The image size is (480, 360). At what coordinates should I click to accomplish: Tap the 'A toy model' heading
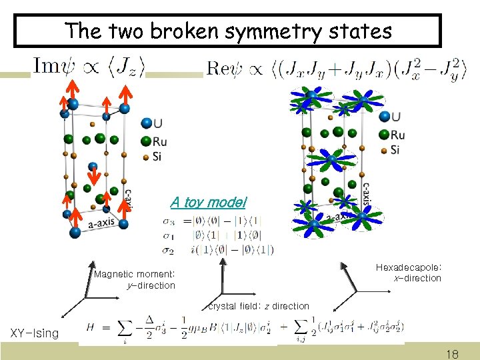[208, 202]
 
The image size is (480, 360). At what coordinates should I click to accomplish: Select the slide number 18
[452, 355]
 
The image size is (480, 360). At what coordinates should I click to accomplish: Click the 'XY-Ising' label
[34, 333]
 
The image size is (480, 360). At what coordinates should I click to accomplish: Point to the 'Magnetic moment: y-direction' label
[135, 280]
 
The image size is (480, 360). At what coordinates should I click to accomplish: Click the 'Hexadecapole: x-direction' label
[408, 273]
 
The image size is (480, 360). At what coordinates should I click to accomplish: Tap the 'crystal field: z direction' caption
[259, 306]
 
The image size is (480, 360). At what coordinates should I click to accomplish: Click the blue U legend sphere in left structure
[146, 123]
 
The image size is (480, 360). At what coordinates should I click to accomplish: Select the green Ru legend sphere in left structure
[146, 141]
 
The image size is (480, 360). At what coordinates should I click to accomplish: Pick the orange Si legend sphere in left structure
[146, 157]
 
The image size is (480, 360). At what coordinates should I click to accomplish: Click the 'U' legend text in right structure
[397, 117]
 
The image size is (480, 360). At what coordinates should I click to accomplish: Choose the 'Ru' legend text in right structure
[399, 134]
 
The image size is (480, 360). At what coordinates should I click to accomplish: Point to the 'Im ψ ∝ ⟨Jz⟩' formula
[89, 66]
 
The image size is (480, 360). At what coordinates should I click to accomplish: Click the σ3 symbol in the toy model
[169, 221]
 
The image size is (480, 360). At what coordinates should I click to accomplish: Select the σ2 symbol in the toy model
[169, 250]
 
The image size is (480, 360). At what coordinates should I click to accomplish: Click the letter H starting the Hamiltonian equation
[91, 327]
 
